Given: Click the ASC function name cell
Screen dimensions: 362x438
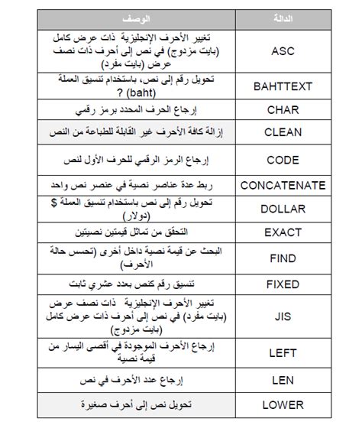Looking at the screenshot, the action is coord(283,51).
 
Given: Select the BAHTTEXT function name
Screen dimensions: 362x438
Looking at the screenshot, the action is coord(283,86).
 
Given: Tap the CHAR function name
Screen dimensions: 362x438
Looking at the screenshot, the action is coord(283,110).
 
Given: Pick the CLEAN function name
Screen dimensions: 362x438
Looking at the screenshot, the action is coord(283,132).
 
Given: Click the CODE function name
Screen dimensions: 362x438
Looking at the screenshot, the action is coord(283,160).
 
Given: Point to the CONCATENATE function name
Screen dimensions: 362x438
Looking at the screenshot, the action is coord(283,185).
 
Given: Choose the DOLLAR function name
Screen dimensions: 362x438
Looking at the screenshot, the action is coord(283,208).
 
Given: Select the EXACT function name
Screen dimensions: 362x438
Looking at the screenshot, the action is coord(283,232).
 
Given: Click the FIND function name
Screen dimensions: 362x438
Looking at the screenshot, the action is coord(283,258).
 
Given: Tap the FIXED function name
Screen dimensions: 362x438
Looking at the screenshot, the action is coord(283,284).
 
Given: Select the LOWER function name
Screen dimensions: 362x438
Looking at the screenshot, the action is coord(283,404).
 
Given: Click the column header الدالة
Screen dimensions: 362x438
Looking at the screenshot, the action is coord(283,17).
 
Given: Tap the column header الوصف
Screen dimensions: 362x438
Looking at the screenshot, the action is coord(134,17).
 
